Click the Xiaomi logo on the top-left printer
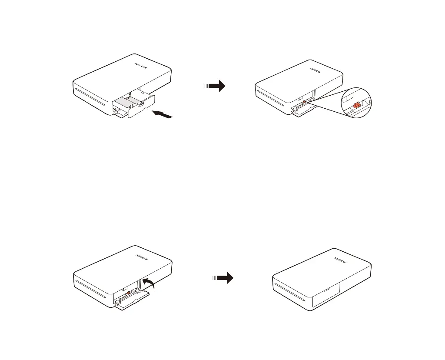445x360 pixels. (x=141, y=65)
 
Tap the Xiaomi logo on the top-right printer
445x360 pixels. (x=315, y=70)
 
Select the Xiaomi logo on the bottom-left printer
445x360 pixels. (x=142, y=257)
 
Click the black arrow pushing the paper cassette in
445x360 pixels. (x=162, y=114)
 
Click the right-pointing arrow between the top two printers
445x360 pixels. (x=215, y=86)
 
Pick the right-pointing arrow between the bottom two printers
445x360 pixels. (x=223, y=278)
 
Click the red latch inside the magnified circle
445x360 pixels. (x=356, y=105)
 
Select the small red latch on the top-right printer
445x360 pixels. (x=304, y=101)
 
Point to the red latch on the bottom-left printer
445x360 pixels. (x=129, y=293)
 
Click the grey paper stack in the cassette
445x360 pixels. (x=126, y=101)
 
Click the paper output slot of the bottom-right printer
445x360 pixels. (x=289, y=292)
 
